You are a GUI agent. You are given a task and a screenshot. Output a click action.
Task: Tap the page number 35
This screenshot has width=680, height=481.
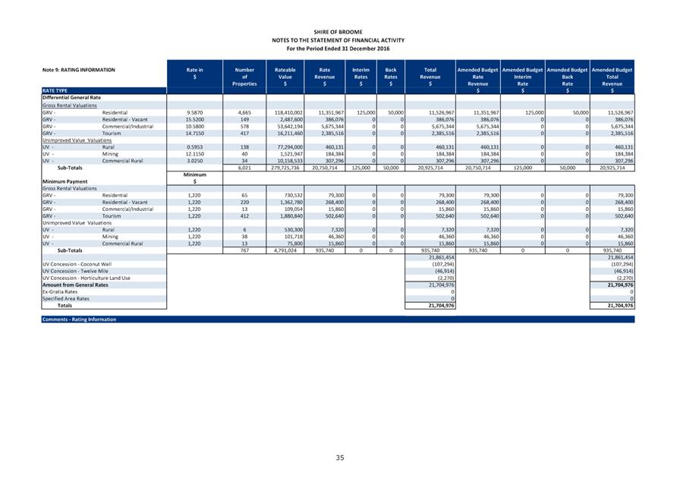pyautogui.click(x=340, y=457)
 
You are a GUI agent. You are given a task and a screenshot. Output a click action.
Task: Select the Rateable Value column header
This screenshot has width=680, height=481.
pyautogui.click(x=285, y=77)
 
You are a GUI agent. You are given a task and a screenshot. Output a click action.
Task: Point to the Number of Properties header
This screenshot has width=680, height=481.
pyautogui.click(x=244, y=77)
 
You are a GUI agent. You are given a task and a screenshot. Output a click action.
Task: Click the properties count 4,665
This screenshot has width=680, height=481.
pyautogui.click(x=244, y=112)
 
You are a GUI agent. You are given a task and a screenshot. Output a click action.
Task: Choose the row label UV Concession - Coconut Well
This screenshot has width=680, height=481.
pyautogui.click(x=77, y=264)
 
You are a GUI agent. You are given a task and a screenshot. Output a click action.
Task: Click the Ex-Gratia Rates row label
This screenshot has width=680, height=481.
pyautogui.click(x=60, y=291)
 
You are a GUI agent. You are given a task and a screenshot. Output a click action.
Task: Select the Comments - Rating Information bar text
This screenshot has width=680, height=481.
pyautogui.click(x=79, y=319)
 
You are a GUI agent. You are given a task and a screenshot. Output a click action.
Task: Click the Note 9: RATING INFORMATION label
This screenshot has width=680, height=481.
pyautogui.click(x=79, y=70)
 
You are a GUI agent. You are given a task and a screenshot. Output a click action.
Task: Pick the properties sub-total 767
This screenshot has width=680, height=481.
pyautogui.click(x=244, y=250)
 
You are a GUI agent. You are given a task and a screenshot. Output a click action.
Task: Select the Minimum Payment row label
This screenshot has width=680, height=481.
pyautogui.click(x=65, y=182)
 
